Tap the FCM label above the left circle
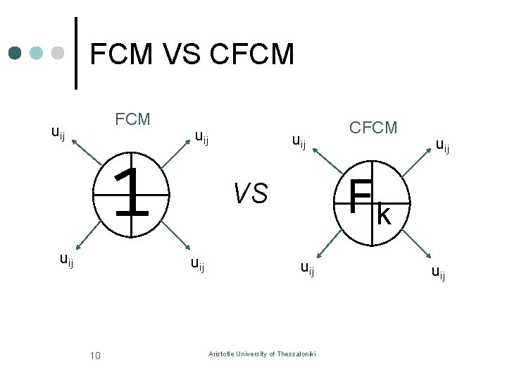point(132,119)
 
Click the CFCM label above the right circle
point(373,128)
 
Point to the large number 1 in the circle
point(132,193)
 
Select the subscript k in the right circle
point(384,214)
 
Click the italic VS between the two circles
point(250,192)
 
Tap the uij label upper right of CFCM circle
point(443,147)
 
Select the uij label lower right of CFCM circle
point(438,272)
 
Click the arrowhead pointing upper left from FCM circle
point(73,143)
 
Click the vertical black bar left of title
point(76,53)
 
